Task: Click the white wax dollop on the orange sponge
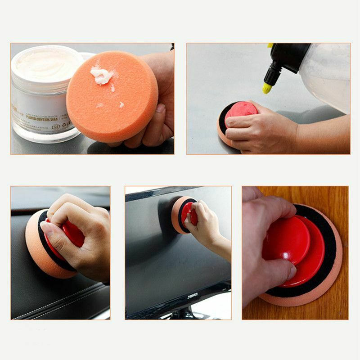coord(102,75)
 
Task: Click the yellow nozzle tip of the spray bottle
coord(267,88)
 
